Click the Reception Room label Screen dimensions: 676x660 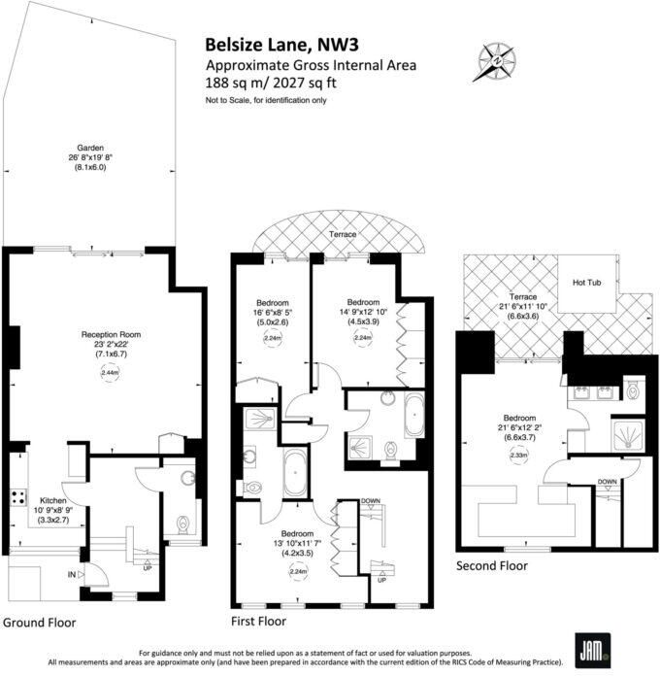tap(111, 333)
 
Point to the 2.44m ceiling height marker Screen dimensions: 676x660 tap(110, 372)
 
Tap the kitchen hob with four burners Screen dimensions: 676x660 tap(17, 497)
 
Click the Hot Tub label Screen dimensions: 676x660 tap(587, 283)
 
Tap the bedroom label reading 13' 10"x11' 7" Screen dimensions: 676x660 tap(297, 539)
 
